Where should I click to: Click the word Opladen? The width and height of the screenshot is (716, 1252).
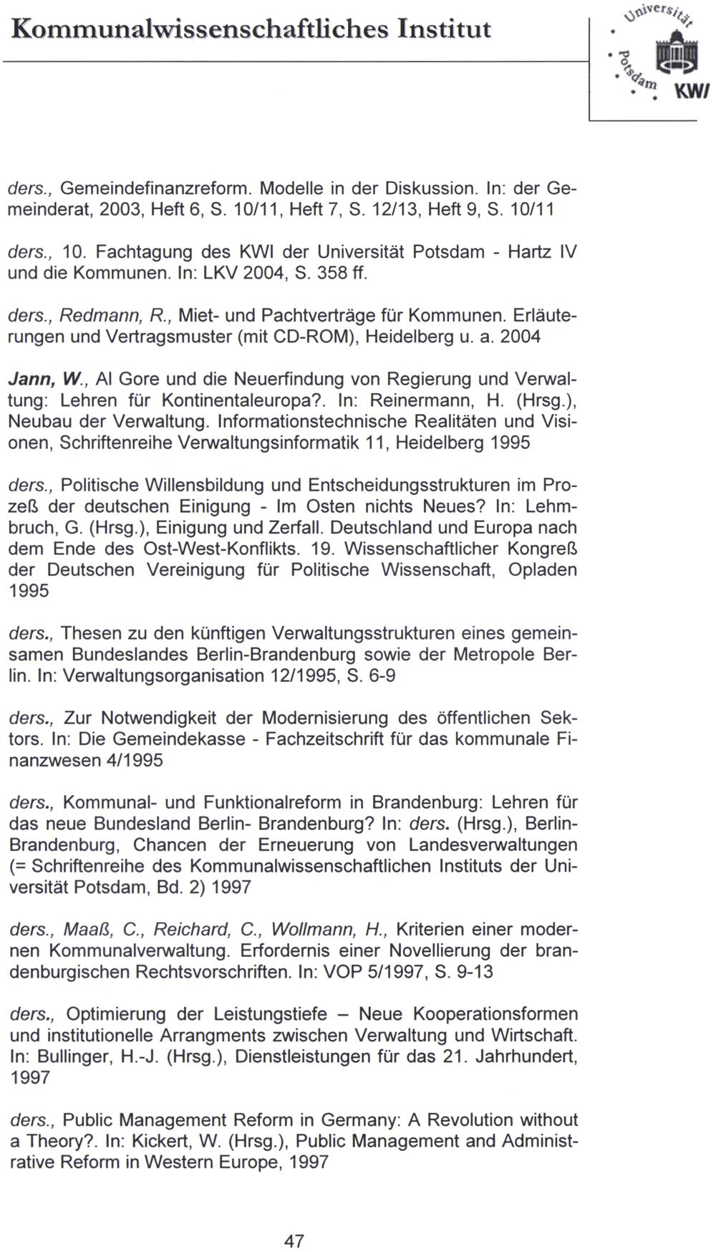(x=542, y=570)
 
